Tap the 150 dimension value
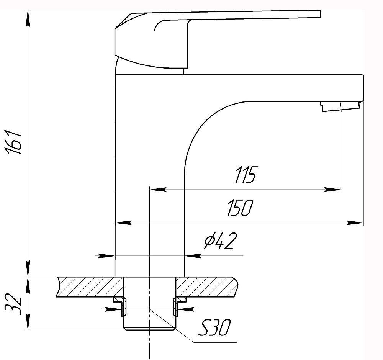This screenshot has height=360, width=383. coord(240,208)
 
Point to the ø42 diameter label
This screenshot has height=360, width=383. coord(221,241)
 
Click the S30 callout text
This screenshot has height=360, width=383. coord(214,328)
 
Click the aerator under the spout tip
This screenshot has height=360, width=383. coord(340,107)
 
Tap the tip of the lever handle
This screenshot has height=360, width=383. coord(320,14)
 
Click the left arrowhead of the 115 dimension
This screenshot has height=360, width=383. coord(158,189)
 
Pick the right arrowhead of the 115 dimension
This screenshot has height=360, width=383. coord(332,189)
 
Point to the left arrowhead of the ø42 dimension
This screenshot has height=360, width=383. coord(106,256)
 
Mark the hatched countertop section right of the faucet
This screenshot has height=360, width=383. coord(207,287)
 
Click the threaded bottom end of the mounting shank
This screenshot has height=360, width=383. coord(149,328)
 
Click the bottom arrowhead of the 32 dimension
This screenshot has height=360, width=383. coord(28,322)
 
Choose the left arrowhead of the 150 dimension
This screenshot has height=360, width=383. coord(123,223)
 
